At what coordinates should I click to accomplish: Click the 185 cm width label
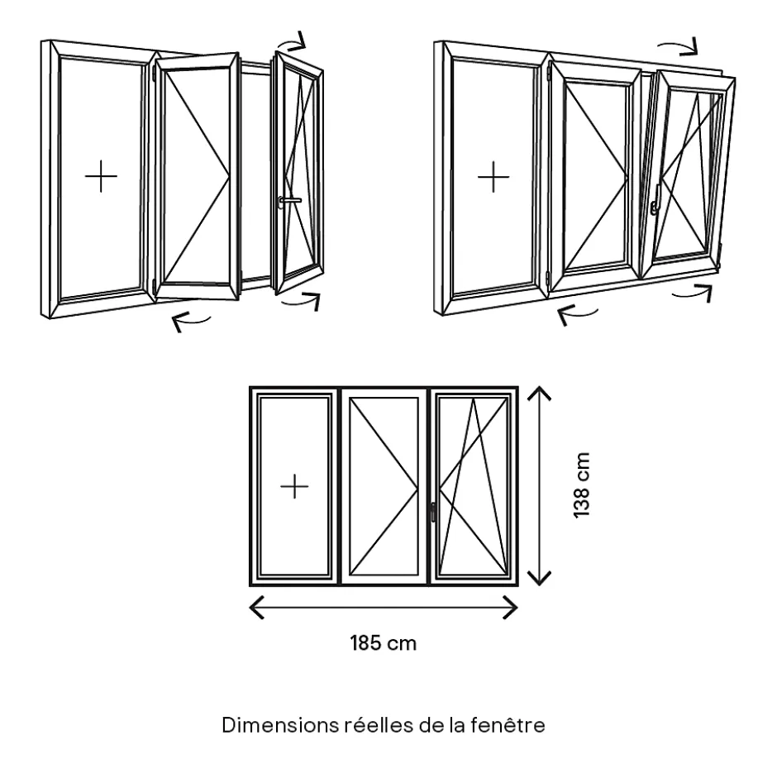click(383, 642)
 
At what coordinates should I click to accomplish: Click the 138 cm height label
click(582, 485)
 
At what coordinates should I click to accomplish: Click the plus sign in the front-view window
click(294, 486)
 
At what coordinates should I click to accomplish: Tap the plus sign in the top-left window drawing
click(101, 177)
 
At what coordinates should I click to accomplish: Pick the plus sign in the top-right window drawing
click(493, 177)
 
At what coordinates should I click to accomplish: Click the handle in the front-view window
click(432, 512)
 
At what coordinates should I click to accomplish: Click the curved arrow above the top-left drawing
click(291, 41)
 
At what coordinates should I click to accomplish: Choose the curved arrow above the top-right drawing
click(678, 44)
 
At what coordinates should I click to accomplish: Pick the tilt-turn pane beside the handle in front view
click(474, 486)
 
